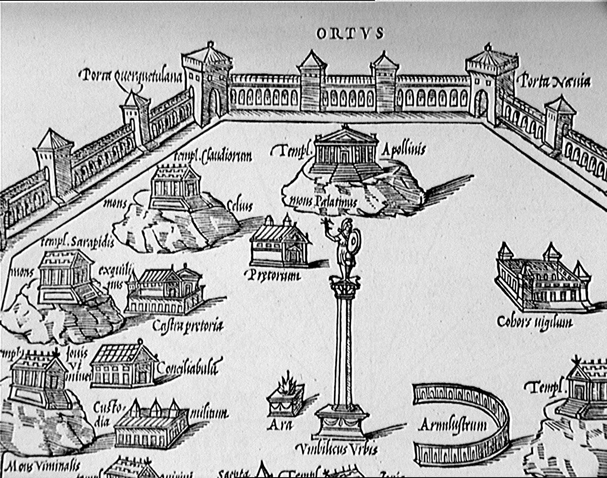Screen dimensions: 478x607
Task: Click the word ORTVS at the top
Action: click(x=350, y=34)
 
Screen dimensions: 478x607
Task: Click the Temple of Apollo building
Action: click(x=346, y=149)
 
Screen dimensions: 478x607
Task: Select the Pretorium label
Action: click(x=274, y=275)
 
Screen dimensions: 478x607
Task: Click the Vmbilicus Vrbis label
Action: click(x=337, y=449)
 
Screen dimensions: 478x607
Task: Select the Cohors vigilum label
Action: click(x=535, y=322)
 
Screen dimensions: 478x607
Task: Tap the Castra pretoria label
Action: click(x=187, y=326)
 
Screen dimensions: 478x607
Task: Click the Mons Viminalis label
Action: click(x=43, y=466)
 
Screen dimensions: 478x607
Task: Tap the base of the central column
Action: click(x=342, y=421)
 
